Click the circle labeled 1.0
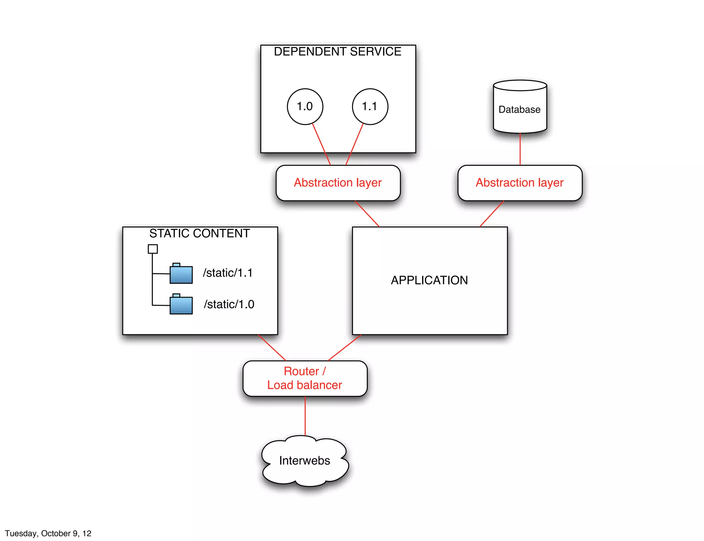[305, 106]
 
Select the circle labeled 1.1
[370, 106]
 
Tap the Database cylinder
[520, 109]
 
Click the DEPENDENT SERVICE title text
[337, 51]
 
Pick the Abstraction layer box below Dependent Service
[338, 183]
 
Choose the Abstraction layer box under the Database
[519, 183]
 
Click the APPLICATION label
[429, 280]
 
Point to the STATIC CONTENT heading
[199, 233]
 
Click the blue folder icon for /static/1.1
[181, 274]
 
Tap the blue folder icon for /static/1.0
[181, 304]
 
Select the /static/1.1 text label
[228, 273]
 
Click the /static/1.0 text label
[229, 304]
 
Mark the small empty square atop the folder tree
[153, 249]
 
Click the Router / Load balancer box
[305, 378]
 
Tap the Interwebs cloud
[305, 461]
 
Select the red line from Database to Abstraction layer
[520, 149]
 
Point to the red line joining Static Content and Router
[272, 348]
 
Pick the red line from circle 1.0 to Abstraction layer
[321, 144]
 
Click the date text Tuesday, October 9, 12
[48, 533]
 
